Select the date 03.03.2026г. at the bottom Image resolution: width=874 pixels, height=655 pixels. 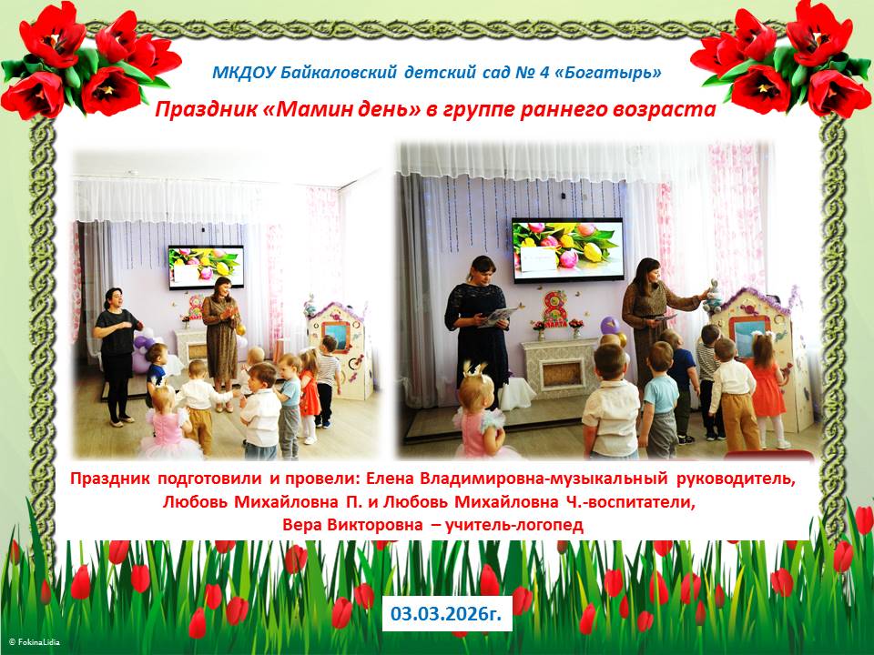tap(446, 613)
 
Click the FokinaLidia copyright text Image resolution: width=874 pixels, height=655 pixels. tap(34, 642)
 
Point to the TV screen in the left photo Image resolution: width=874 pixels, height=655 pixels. tap(207, 267)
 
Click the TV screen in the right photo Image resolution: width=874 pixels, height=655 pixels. tap(568, 249)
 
